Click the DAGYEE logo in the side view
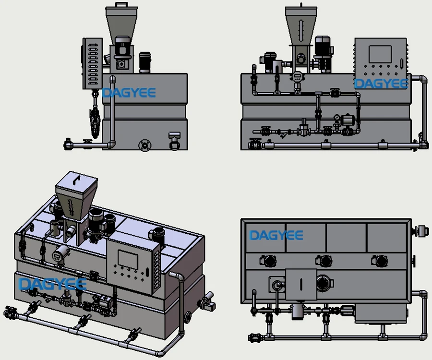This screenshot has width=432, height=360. tap(129, 93)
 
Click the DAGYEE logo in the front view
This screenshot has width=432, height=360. tap(381, 84)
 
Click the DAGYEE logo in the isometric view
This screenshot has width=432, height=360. tap(52, 284)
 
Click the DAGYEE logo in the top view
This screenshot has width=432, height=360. tap(276, 235)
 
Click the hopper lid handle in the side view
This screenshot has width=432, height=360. tap(122, 5)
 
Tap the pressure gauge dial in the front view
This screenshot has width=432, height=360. tap(338, 118)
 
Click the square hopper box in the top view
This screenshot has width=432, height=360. tap(300, 284)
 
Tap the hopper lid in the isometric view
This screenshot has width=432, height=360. tap(76, 180)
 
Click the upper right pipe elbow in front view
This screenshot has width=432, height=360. tap(423, 79)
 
